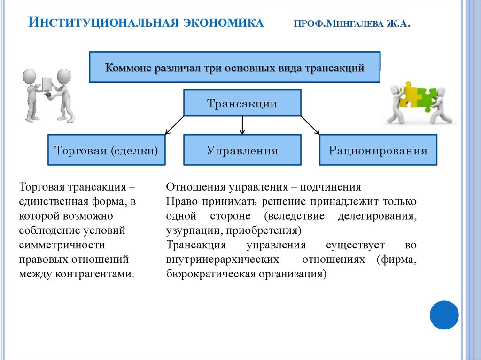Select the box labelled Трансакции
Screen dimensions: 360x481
pos(242,104)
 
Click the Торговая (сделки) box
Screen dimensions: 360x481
pos(106,151)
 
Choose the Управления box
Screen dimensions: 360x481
pos(242,151)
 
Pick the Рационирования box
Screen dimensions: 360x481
pos(378,151)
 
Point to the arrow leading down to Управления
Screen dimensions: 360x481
pos(242,125)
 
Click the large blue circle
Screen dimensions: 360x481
pos(444,315)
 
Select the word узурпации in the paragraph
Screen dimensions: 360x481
pos(189,231)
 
